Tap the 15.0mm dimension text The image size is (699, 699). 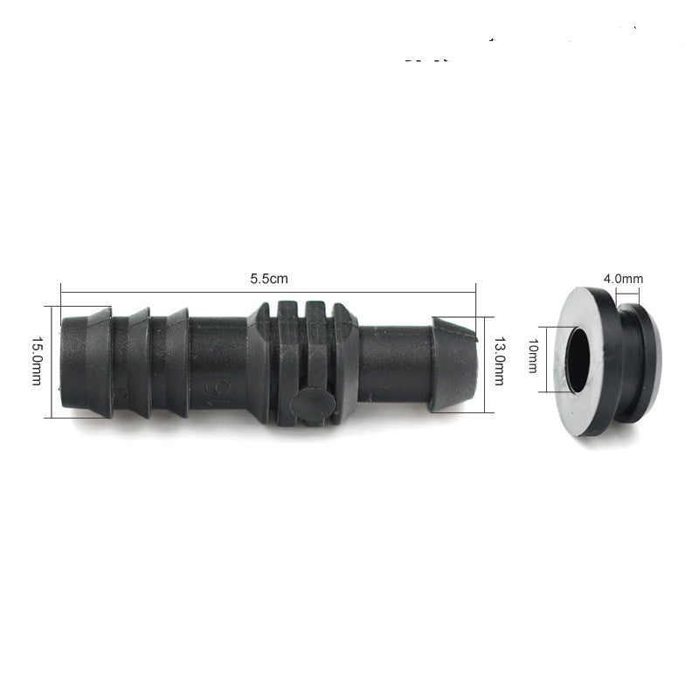tap(36, 359)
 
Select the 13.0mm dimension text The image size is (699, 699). tap(501, 358)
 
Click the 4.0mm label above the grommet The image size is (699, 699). tap(622, 279)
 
